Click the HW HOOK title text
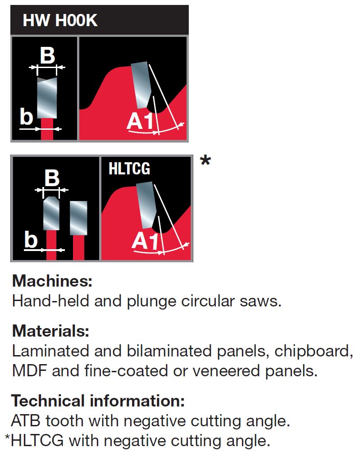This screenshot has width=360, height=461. tap(60, 20)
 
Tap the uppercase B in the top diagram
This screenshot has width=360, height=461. tap(47, 55)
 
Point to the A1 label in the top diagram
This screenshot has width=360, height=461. tap(141, 121)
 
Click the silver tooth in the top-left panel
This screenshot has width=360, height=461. tap(47, 98)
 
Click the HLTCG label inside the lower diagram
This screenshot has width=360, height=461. tap(129, 169)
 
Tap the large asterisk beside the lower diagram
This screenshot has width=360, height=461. tap(205, 161)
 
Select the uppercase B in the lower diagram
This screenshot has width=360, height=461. tap(52, 178)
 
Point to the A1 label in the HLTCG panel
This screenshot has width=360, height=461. tap(145, 242)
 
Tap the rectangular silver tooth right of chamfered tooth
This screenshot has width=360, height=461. tap(78, 218)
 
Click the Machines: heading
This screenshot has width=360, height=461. tap(52, 281)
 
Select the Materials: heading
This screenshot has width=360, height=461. tap(50, 331)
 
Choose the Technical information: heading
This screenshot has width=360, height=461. tap(98, 401)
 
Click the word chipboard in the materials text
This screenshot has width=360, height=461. tap(314, 351)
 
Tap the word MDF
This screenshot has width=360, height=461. tap(29, 371)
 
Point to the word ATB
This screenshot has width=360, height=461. tap(26, 421)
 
